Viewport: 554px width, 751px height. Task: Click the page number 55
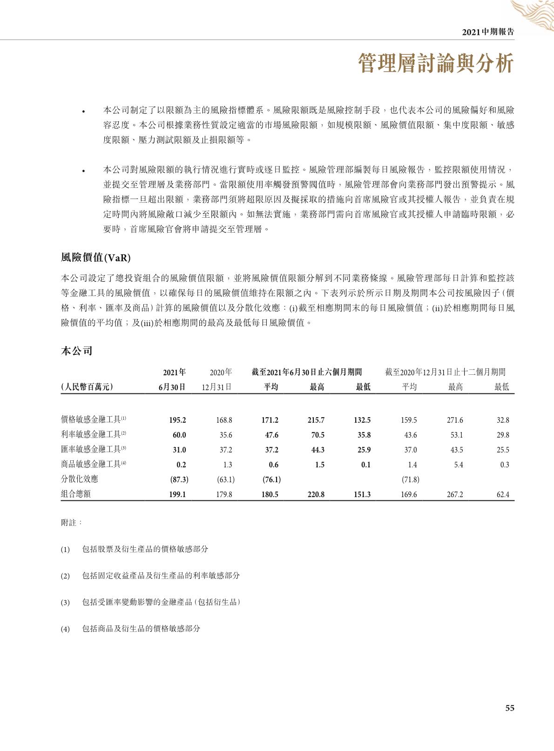510,708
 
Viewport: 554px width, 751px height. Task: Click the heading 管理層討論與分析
436,63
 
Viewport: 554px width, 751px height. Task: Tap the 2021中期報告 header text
488,32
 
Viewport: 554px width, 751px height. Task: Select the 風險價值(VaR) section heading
96,258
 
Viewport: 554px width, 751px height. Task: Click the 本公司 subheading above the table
77,351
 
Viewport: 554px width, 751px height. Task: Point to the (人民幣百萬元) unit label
87,387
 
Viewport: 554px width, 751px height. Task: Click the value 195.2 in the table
177,420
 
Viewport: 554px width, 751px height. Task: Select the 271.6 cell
455,420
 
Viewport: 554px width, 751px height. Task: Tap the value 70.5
316,435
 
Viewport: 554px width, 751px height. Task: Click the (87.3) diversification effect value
179,479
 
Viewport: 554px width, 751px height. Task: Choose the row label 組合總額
76,494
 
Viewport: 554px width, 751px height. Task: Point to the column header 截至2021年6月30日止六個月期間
307,372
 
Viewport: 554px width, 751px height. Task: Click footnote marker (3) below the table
65,603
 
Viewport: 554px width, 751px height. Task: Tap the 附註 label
71,523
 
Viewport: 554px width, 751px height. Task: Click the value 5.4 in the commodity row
459,465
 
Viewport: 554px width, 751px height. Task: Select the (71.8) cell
410,479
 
